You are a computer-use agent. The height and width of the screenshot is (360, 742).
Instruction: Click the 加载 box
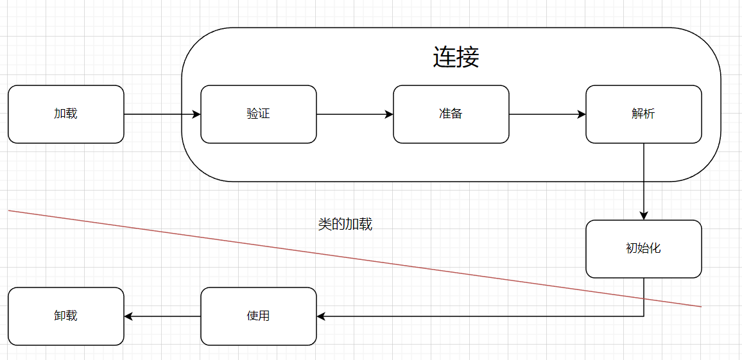coord(66,114)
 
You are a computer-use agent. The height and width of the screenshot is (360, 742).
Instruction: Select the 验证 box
coord(259,114)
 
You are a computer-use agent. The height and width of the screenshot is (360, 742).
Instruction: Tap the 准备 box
coord(451,114)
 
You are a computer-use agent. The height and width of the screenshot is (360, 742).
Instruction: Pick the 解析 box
coord(644,114)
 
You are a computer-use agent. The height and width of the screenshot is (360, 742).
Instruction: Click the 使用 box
coord(259,316)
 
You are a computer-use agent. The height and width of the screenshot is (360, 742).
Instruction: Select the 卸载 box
coord(66,316)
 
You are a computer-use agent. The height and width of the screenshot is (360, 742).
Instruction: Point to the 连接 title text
coord(456,58)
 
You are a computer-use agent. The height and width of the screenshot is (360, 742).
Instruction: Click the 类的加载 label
coord(345,225)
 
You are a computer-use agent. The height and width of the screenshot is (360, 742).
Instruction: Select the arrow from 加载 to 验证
coord(160,114)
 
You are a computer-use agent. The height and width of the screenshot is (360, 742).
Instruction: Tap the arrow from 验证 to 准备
coord(353,114)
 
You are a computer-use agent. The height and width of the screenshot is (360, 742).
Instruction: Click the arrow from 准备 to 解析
coord(546,114)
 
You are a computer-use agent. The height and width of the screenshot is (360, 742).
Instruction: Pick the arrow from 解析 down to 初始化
coord(644,180)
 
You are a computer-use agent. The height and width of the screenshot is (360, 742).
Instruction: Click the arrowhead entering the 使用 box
coord(322,316)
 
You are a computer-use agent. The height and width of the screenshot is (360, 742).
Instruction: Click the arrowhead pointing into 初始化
coord(644,216)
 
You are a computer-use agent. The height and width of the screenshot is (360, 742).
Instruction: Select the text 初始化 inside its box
coord(644,248)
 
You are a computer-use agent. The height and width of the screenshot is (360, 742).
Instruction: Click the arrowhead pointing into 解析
coord(582,114)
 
